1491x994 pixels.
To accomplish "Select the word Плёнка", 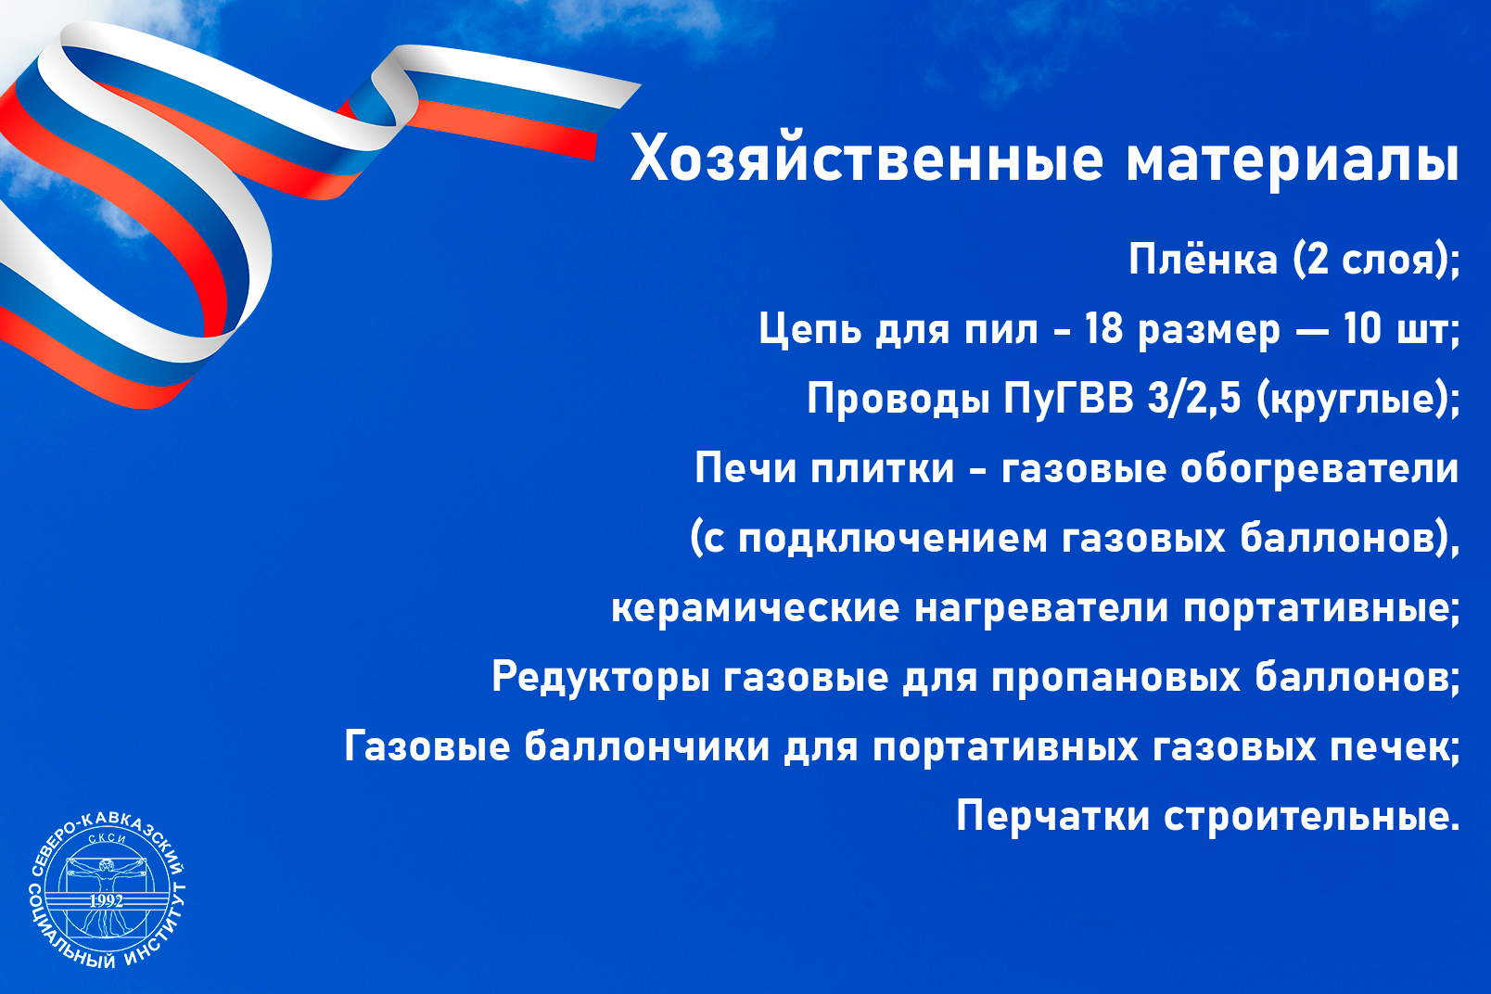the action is (x=1204, y=259).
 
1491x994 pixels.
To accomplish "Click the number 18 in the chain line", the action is (x=1104, y=328).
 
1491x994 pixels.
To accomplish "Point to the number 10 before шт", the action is (x=1362, y=328).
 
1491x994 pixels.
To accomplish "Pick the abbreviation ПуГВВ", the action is (x=1068, y=400).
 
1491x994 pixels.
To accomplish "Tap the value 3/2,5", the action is (x=1195, y=399).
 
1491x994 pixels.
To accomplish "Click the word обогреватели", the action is (x=1320, y=469).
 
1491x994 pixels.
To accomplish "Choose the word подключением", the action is (x=893, y=540).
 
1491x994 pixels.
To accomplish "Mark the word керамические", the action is (x=756, y=608).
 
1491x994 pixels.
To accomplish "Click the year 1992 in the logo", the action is (x=107, y=901).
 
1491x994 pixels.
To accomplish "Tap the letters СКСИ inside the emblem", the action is (x=107, y=838).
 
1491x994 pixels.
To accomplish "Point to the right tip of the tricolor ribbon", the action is (x=641, y=83).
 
